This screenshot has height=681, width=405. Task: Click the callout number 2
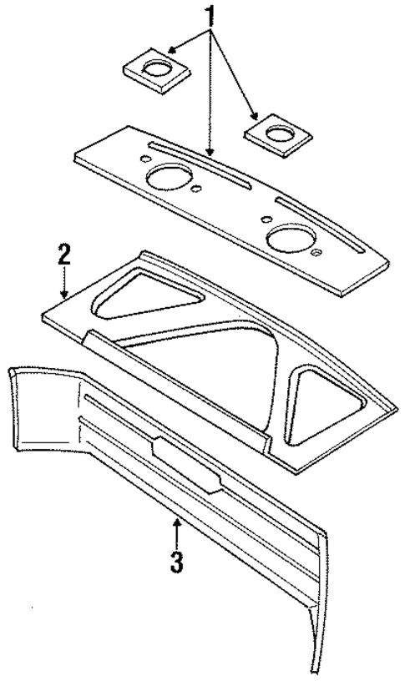pos(63,255)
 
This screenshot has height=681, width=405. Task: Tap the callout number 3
pos(176,561)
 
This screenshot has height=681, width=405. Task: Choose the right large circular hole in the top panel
pos(287,238)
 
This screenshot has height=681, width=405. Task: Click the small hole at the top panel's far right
pos(316,252)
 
